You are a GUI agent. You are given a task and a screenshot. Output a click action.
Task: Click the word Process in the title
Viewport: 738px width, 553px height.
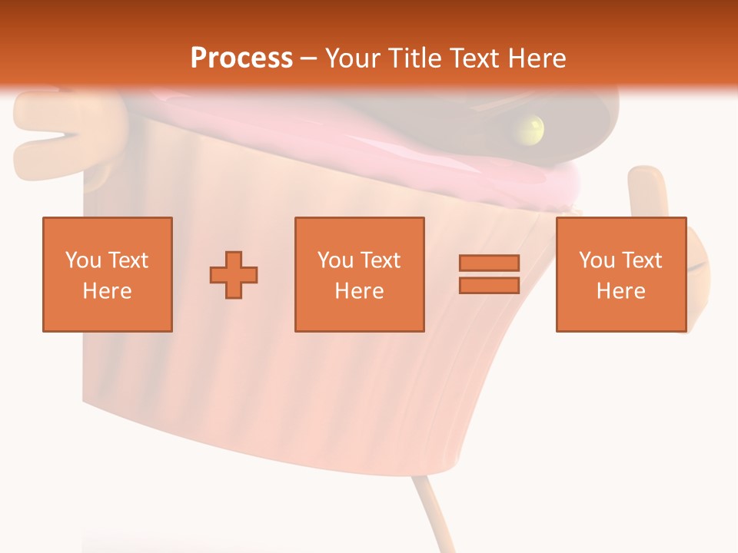click(241, 58)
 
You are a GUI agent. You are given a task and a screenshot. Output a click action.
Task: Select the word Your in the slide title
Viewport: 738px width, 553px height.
click(351, 58)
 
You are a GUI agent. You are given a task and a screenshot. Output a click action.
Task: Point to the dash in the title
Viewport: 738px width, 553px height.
click(308, 58)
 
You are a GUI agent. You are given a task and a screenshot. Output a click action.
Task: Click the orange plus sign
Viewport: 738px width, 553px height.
click(234, 274)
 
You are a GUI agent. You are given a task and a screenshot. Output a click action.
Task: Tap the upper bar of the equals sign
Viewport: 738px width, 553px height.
click(489, 263)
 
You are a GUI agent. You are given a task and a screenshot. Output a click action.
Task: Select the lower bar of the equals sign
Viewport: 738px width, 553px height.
click(489, 285)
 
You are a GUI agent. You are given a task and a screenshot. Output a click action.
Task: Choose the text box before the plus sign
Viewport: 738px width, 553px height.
click(107, 274)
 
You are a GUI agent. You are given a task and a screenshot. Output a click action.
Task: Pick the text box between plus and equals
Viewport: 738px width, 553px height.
click(359, 274)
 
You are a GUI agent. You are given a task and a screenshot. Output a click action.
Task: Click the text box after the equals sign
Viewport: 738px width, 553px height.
click(620, 274)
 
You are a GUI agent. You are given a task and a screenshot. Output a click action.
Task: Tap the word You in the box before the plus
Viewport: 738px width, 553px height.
click(83, 260)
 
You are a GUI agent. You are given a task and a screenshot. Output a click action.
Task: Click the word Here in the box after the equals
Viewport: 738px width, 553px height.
click(620, 290)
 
